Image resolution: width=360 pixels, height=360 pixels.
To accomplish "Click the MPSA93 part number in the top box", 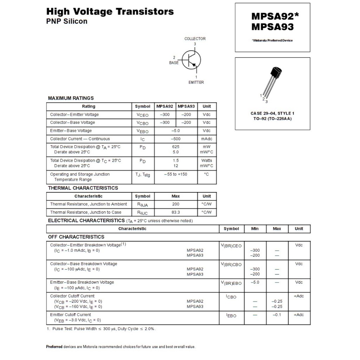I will [x=272, y=27].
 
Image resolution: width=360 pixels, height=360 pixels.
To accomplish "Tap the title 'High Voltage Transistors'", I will [x=110, y=12].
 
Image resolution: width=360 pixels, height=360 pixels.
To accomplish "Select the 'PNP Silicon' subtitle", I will [x=67, y=21].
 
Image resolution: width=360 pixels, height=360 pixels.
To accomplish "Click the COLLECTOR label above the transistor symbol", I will [x=195, y=39].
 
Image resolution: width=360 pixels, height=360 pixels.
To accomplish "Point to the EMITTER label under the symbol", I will [x=196, y=82].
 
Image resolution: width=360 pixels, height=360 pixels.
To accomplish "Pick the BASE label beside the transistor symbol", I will [x=174, y=63].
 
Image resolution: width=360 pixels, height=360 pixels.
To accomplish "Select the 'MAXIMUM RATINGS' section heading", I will [x=71, y=98].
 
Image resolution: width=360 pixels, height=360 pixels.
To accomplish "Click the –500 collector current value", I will [x=176, y=139].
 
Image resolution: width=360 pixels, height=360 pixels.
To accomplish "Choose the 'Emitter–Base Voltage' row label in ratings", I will [x=71, y=131].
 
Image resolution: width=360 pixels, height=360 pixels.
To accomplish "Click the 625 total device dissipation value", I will [x=176, y=147].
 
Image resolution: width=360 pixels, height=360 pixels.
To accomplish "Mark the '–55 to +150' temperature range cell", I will [x=176, y=174].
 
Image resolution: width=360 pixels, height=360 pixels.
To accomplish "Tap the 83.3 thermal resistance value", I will [x=176, y=212].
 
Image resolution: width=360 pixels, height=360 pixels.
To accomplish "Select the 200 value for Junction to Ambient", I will [x=176, y=204].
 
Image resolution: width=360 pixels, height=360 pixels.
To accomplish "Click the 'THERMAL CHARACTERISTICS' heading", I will [x=83, y=188].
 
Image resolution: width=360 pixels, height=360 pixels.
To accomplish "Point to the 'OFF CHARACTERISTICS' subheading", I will [x=76, y=237].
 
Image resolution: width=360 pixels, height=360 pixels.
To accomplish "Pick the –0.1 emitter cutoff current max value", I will [x=277, y=315].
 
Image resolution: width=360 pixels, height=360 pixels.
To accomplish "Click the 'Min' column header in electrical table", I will [x=255, y=229].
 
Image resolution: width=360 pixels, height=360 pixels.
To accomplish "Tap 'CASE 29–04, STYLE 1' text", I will [x=272, y=114].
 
